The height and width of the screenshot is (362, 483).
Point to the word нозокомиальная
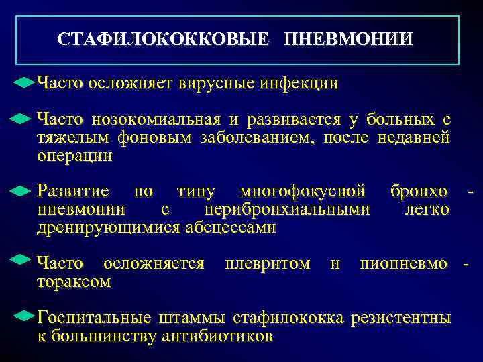(156, 120)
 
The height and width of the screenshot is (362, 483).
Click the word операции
(74, 156)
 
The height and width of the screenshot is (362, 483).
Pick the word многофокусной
(302, 192)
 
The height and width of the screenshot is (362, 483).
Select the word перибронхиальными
(287, 210)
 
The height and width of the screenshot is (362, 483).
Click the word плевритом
(268, 264)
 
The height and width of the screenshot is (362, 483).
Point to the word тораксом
(74, 282)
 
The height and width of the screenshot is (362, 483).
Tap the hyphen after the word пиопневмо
(466, 265)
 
